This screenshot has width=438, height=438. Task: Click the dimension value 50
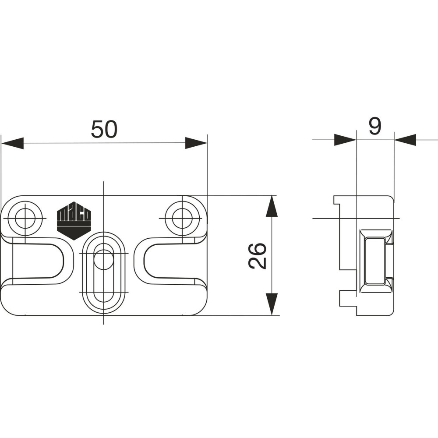104,129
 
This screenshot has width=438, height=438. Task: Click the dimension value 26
257,256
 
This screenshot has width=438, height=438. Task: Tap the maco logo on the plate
74,221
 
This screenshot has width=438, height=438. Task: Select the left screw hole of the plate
25,218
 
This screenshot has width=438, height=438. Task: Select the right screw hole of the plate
182,218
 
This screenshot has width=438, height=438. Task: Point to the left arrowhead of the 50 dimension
12,143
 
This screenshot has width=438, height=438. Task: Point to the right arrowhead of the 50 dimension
196,143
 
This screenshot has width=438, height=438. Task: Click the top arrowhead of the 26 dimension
272,206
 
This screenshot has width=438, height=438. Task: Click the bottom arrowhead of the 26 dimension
272,304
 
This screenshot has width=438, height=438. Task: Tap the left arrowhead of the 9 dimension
345,140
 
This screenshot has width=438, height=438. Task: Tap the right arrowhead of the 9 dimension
405,140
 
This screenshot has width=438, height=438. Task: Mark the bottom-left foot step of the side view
348,298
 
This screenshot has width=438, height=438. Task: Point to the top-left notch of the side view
337,200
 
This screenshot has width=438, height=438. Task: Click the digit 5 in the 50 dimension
98,129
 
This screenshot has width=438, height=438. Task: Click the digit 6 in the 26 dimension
257,249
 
